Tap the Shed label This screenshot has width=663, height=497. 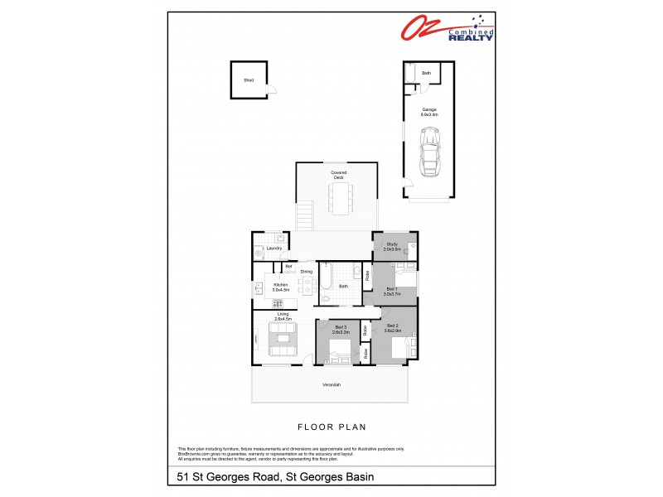tap(248, 80)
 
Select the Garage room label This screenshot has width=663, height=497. tap(428, 111)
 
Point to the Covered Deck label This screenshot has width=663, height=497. tap(338, 174)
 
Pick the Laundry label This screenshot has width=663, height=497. tap(275, 248)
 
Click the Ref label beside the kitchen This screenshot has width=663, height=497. tap(288, 266)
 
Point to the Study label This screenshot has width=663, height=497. tap(392, 244)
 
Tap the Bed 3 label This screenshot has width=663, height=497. tap(341, 328)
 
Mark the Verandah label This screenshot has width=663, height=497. tap(331, 385)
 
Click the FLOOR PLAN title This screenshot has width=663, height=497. tap(331, 427)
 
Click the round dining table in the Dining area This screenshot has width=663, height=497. tap(307, 287)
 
